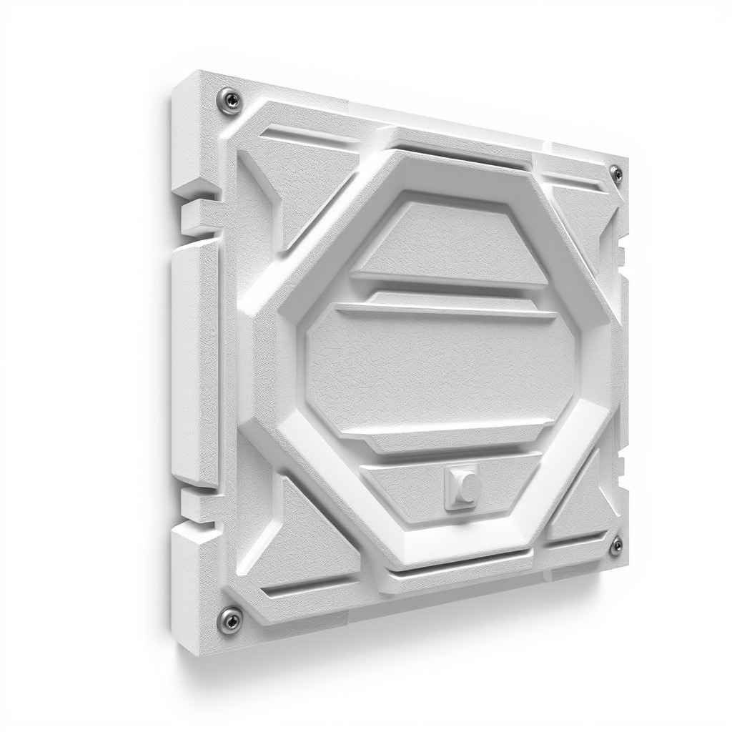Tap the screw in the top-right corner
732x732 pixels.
coord(615,174)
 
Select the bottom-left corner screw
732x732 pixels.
coord(229,617)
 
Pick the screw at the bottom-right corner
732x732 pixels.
coord(615,546)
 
